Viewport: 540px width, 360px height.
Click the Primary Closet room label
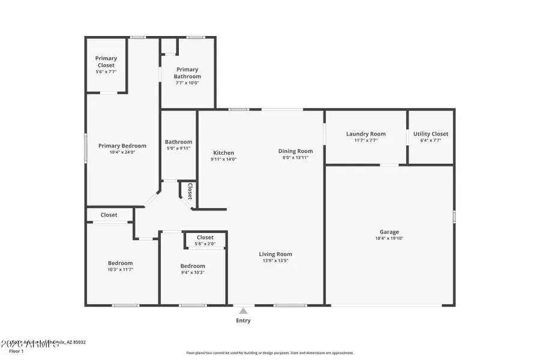click(x=106, y=62)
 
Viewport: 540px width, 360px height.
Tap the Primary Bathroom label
click(x=187, y=73)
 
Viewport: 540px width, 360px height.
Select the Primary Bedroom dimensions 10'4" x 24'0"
click(x=122, y=152)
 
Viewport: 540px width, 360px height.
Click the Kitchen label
click(x=223, y=152)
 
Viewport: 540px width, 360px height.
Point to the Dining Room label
click(x=295, y=151)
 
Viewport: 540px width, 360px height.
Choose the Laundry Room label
click(x=365, y=134)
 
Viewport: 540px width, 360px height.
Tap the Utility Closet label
click(x=430, y=134)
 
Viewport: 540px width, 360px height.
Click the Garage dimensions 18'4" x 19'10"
click(x=389, y=238)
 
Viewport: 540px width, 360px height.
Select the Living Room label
click(x=275, y=254)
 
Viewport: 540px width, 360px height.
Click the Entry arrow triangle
click(x=243, y=311)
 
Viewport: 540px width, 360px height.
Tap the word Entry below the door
click(x=243, y=320)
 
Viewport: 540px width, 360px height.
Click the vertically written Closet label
click(x=190, y=191)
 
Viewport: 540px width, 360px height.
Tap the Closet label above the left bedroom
click(x=109, y=215)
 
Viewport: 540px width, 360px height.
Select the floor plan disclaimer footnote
click(x=269, y=353)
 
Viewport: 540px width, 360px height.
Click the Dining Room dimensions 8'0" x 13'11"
click(x=295, y=158)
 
